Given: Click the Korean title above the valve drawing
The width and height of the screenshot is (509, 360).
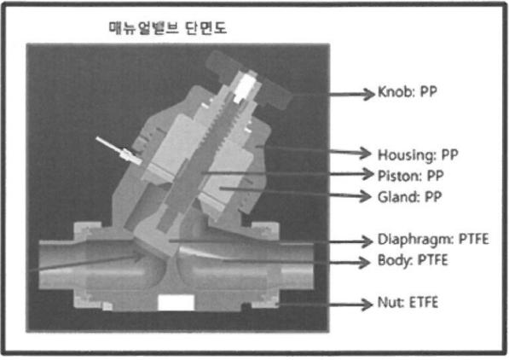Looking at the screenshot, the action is click(x=167, y=28).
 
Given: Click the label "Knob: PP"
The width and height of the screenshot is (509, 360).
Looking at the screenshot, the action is click(x=408, y=92).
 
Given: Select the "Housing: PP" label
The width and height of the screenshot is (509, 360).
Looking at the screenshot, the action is click(x=418, y=154).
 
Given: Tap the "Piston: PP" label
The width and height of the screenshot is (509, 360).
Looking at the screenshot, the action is click(x=411, y=176).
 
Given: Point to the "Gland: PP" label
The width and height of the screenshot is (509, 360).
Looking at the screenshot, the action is click(x=409, y=197).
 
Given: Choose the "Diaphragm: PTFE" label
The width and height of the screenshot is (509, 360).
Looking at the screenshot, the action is click(x=433, y=240).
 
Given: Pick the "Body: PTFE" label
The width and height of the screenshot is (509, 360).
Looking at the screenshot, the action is click(x=413, y=260).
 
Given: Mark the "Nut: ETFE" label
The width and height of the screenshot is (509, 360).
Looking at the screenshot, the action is click(x=408, y=303).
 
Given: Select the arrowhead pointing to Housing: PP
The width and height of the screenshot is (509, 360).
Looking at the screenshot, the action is click(x=366, y=153).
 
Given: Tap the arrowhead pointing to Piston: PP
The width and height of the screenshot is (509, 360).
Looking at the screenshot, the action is click(x=367, y=174).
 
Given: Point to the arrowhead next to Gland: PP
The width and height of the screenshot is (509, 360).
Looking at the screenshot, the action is click(x=365, y=196).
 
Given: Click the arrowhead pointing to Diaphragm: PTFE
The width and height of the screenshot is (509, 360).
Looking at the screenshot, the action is click(x=366, y=241).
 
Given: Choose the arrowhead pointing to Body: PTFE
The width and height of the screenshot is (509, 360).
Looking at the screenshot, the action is click(x=364, y=262).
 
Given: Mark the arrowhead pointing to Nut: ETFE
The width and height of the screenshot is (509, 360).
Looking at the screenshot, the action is click(x=366, y=304).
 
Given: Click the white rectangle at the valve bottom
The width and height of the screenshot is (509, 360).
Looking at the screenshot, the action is click(x=176, y=303).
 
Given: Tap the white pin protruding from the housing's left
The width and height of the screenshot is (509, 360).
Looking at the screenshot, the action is click(x=119, y=150).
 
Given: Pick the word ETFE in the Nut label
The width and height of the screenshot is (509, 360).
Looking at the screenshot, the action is click(x=423, y=303).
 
